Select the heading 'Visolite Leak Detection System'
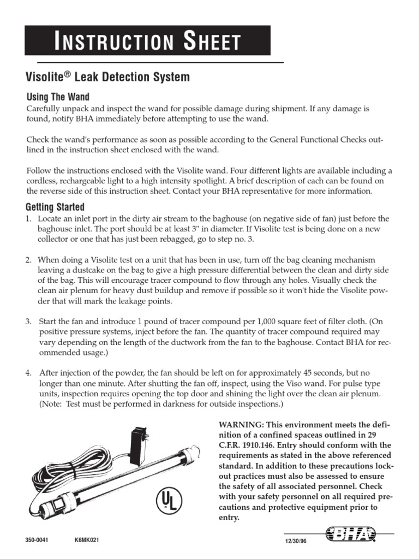pyautogui.click(x=108, y=78)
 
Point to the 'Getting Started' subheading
pyautogui.click(x=55, y=207)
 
